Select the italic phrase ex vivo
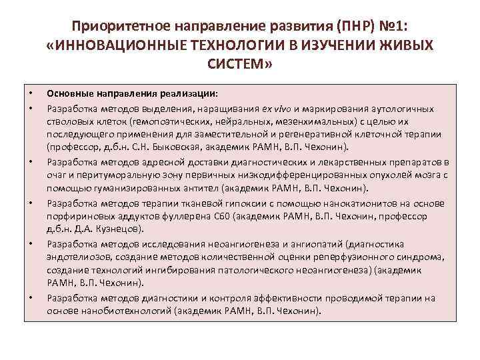pyautogui.click(x=276, y=109)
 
